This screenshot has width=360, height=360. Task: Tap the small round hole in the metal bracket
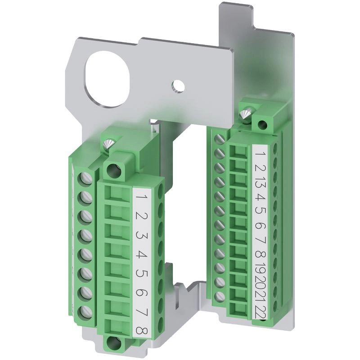pyautogui.click(x=178, y=86)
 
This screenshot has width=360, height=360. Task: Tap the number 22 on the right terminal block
pyautogui.click(x=260, y=312)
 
